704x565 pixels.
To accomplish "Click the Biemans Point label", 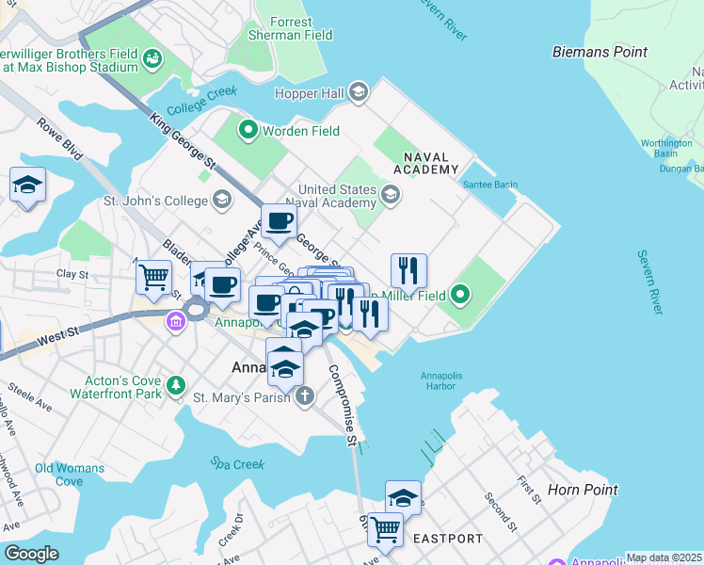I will (600, 52).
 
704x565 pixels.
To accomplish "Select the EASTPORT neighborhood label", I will (448, 539).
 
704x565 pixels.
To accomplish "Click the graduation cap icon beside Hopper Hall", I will (358, 92).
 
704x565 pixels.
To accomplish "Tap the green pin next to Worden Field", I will (248, 130).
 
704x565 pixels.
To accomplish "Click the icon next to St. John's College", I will (222, 200).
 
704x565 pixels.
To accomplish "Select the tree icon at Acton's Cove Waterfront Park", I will (175, 386).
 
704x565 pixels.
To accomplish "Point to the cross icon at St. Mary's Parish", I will (304, 397).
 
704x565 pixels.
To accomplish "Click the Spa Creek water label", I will (234, 464).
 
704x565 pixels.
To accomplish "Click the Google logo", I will (31, 554).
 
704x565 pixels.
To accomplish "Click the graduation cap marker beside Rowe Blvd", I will (28, 185).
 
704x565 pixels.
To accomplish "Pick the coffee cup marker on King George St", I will (280, 221).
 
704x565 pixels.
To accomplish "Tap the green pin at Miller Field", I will (460, 296).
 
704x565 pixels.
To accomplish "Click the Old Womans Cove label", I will (58, 474).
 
